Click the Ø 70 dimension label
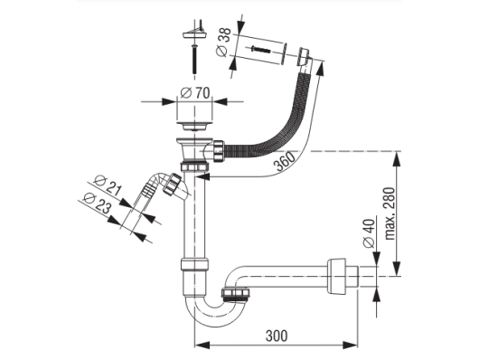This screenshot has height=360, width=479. tap(195, 92)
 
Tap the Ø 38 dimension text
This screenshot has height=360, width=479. tap(223, 42)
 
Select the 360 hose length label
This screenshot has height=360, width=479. tap(285, 162)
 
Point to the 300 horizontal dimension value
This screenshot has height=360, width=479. tap(277, 336)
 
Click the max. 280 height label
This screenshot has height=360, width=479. tap(390, 213)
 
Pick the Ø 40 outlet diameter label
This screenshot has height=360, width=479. tap(369, 233)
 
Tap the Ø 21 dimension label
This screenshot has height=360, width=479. tap(108, 185)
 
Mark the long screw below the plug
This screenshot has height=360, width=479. tap(194, 59)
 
